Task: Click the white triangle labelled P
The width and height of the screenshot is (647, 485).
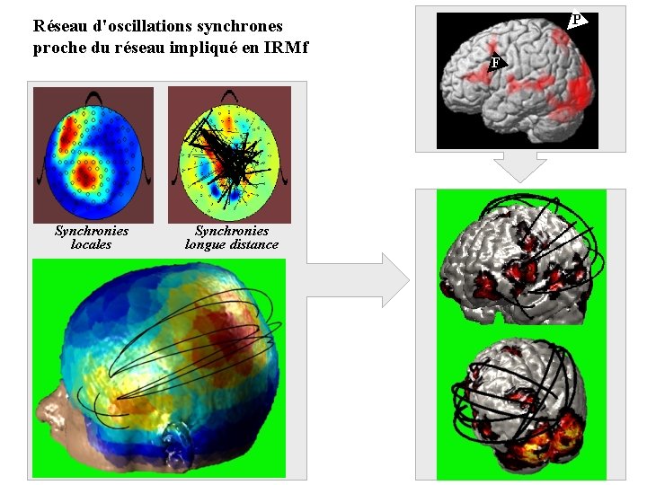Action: point(577,19)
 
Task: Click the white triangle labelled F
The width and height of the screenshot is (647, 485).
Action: point(495,62)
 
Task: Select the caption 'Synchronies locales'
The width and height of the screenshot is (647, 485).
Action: point(91,237)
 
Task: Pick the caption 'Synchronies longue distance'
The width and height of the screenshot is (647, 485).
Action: point(232,237)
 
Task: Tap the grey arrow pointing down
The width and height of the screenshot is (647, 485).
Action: point(521,165)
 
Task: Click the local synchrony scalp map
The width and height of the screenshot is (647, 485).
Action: point(92,154)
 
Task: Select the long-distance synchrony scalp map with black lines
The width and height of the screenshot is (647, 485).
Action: point(229,154)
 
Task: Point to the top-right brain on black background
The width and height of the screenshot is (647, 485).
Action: point(517,79)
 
